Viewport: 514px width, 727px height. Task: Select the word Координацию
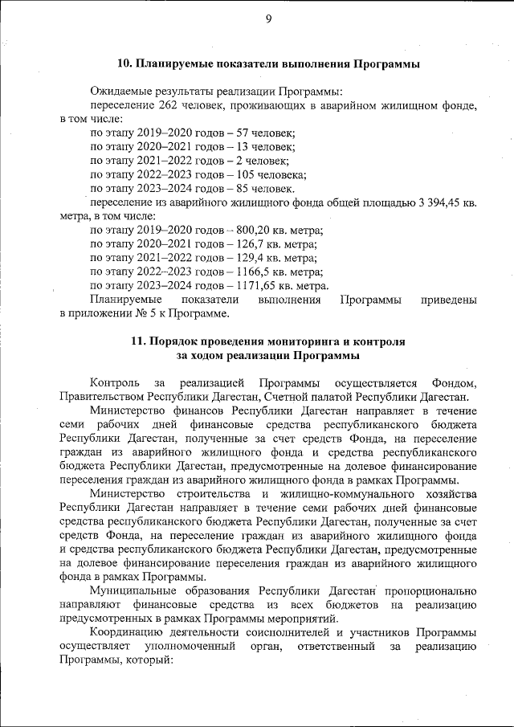tap(129, 633)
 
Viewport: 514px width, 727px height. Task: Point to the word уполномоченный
tap(191, 647)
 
